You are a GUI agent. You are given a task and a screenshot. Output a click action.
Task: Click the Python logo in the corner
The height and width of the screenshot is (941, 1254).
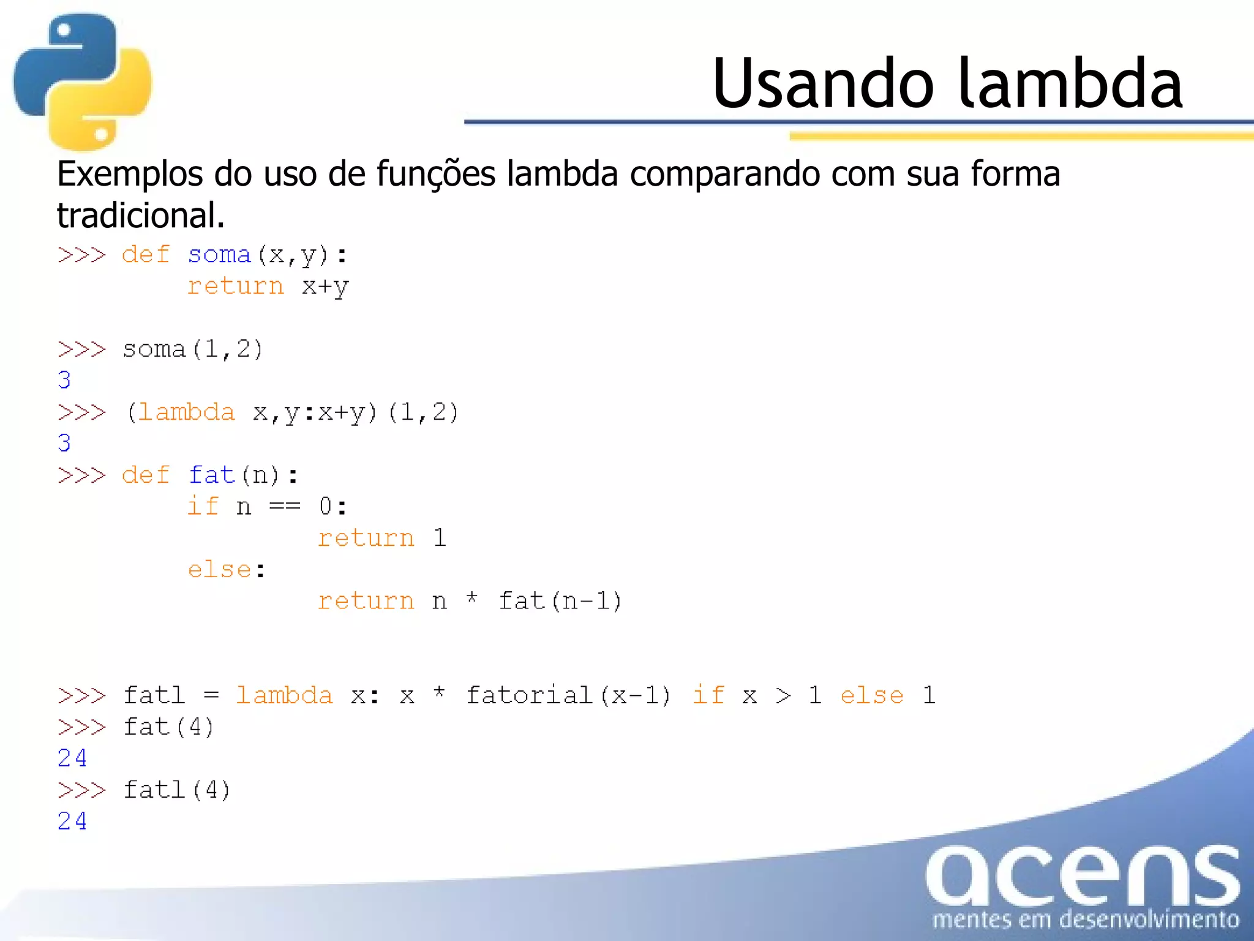83,81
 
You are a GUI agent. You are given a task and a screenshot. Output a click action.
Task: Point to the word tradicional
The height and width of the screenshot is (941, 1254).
140,216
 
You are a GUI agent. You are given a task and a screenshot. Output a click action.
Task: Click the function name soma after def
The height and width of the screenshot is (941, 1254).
219,255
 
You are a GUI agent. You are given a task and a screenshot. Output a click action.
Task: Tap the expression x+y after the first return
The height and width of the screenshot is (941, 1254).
325,287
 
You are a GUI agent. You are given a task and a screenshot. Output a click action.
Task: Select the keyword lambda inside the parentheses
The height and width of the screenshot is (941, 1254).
186,412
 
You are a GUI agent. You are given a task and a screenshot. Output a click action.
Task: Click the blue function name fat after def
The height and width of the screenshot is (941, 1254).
211,475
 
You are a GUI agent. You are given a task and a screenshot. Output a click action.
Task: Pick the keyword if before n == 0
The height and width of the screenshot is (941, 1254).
203,507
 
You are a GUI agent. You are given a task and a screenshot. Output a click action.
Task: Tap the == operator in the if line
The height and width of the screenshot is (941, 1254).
285,507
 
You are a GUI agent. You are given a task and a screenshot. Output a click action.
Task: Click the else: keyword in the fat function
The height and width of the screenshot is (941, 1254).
226,570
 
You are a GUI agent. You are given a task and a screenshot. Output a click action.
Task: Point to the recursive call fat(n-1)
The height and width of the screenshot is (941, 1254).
560,601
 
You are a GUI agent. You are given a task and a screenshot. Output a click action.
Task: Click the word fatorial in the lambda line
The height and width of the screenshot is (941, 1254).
529,695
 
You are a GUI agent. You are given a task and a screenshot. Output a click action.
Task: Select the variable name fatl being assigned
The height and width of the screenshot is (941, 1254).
154,695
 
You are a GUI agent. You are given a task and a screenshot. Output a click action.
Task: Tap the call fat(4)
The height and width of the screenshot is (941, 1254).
168,727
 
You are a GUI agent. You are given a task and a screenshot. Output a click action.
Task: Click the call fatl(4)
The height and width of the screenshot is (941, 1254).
176,790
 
